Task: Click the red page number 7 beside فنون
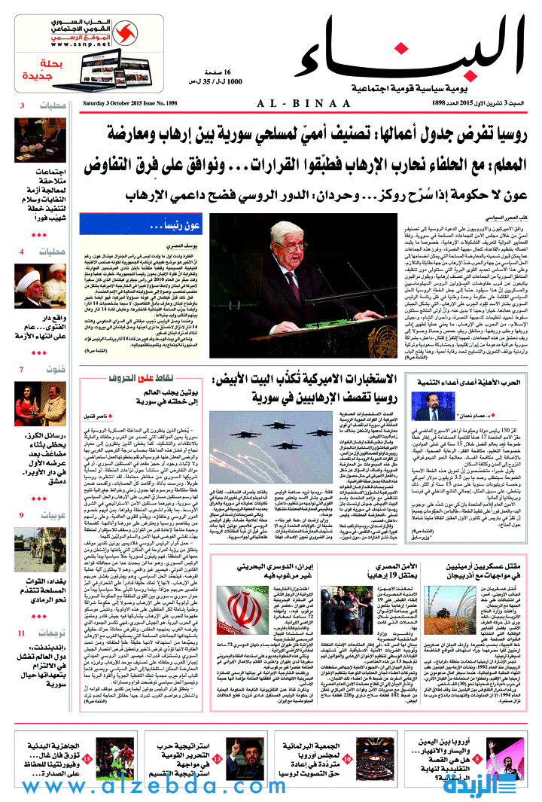coord(20,370)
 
